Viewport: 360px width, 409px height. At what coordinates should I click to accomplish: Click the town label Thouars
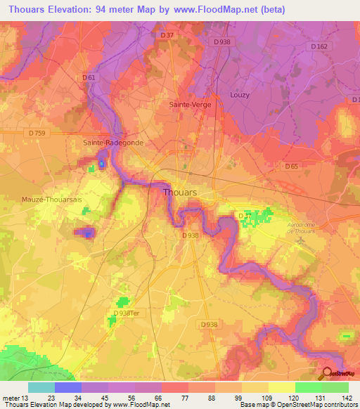point(181,192)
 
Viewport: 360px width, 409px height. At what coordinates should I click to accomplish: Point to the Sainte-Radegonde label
point(113,142)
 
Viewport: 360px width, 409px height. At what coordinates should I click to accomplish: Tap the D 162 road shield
point(319,46)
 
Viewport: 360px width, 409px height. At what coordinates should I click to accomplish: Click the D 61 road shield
point(89,77)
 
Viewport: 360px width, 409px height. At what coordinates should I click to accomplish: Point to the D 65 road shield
point(292,167)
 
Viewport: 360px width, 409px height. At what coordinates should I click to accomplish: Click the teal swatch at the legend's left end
point(41,387)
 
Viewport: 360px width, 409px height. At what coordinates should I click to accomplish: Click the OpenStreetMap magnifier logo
point(327,373)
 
